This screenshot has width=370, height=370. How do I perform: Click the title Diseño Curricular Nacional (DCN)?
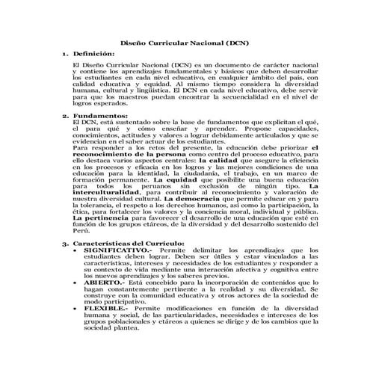pyautogui.click(x=185, y=43)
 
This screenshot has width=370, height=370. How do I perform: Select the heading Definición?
pyautogui.click(x=93, y=55)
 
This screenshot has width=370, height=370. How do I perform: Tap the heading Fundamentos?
pyautogui.click(x=98, y=116)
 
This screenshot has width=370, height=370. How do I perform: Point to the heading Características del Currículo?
pyautogui.click(x=129, y=244)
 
